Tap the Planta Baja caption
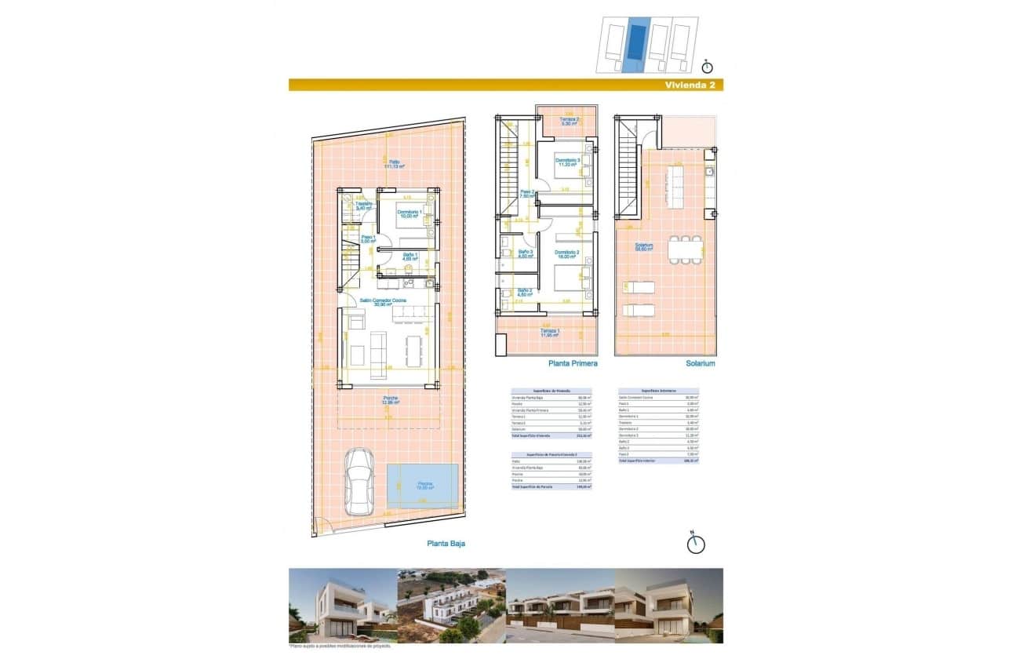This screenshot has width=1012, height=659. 446,542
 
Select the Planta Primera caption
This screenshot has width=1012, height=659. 573,364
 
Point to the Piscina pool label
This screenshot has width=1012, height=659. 422,484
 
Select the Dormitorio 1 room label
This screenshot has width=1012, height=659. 410,214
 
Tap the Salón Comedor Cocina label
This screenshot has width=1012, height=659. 384,302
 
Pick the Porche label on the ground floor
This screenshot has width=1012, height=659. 391,400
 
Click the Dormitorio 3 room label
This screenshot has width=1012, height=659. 569,162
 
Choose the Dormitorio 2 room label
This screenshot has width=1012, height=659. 566,254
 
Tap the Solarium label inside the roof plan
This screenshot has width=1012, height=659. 644,247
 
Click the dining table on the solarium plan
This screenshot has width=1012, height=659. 684,249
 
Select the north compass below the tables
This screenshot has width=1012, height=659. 695,543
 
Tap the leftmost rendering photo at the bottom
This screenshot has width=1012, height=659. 342,605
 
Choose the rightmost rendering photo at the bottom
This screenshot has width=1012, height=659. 668,605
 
